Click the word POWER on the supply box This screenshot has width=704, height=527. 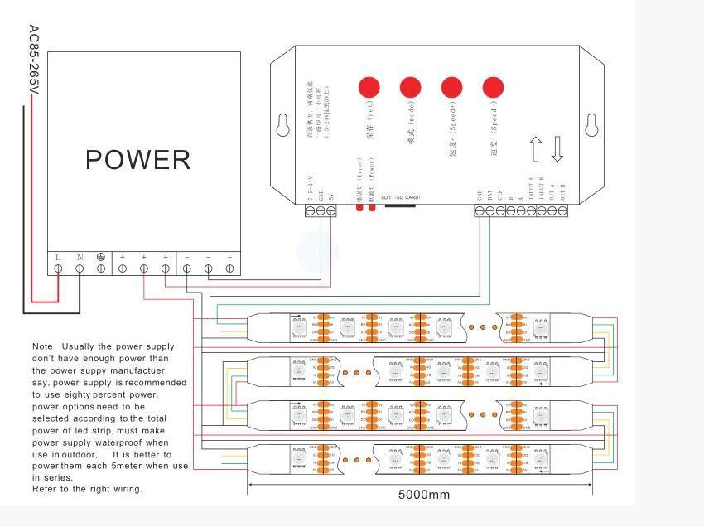click(x=138, y=159)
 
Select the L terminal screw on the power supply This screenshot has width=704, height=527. click(x=58, y=268)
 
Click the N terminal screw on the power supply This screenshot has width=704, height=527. click(x=80, y=268)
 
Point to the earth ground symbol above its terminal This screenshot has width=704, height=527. click(x=101, y=257)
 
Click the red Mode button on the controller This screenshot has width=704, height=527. click(x=410, y=87)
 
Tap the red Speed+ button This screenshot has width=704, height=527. click(x=451, y=87)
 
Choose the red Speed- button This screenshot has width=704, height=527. click(x=493, y=87)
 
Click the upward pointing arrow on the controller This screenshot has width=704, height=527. click(x=535, y=149)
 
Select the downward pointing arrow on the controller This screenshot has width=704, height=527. click(x=557, y=149)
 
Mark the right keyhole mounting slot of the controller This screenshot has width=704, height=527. click(x=591, y=125)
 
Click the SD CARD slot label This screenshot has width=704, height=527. click(x=401, y=198)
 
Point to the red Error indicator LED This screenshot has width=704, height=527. click(x=360, y=207)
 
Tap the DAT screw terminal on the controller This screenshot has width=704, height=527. click(x=489, y=211)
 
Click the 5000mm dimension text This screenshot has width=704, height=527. click(x=424, y=495)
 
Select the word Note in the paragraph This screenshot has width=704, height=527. click(x=45, y=346)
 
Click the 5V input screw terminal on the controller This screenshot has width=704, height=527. click(x=331, y=211)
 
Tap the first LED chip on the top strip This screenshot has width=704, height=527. click(x=298, y=327)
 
